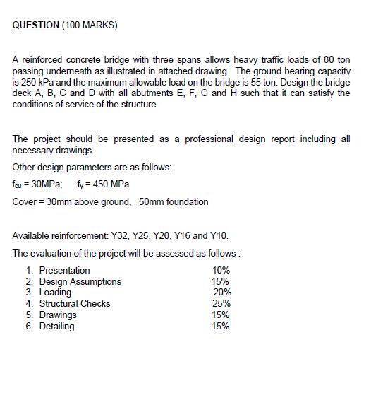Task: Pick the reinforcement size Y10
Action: tap(219, 235)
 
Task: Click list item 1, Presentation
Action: tap(64, 270)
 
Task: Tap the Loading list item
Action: tap(55, 292)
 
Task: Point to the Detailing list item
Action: tap(56, 326)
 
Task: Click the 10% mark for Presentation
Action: tap(221, 270)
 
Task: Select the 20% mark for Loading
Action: tap(222, 292)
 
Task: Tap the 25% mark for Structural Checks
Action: tap(221, 303)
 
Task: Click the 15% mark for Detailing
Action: tap(221, 326)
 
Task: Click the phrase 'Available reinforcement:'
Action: tap(60, 235)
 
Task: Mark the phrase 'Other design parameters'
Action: tap(63, 168)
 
